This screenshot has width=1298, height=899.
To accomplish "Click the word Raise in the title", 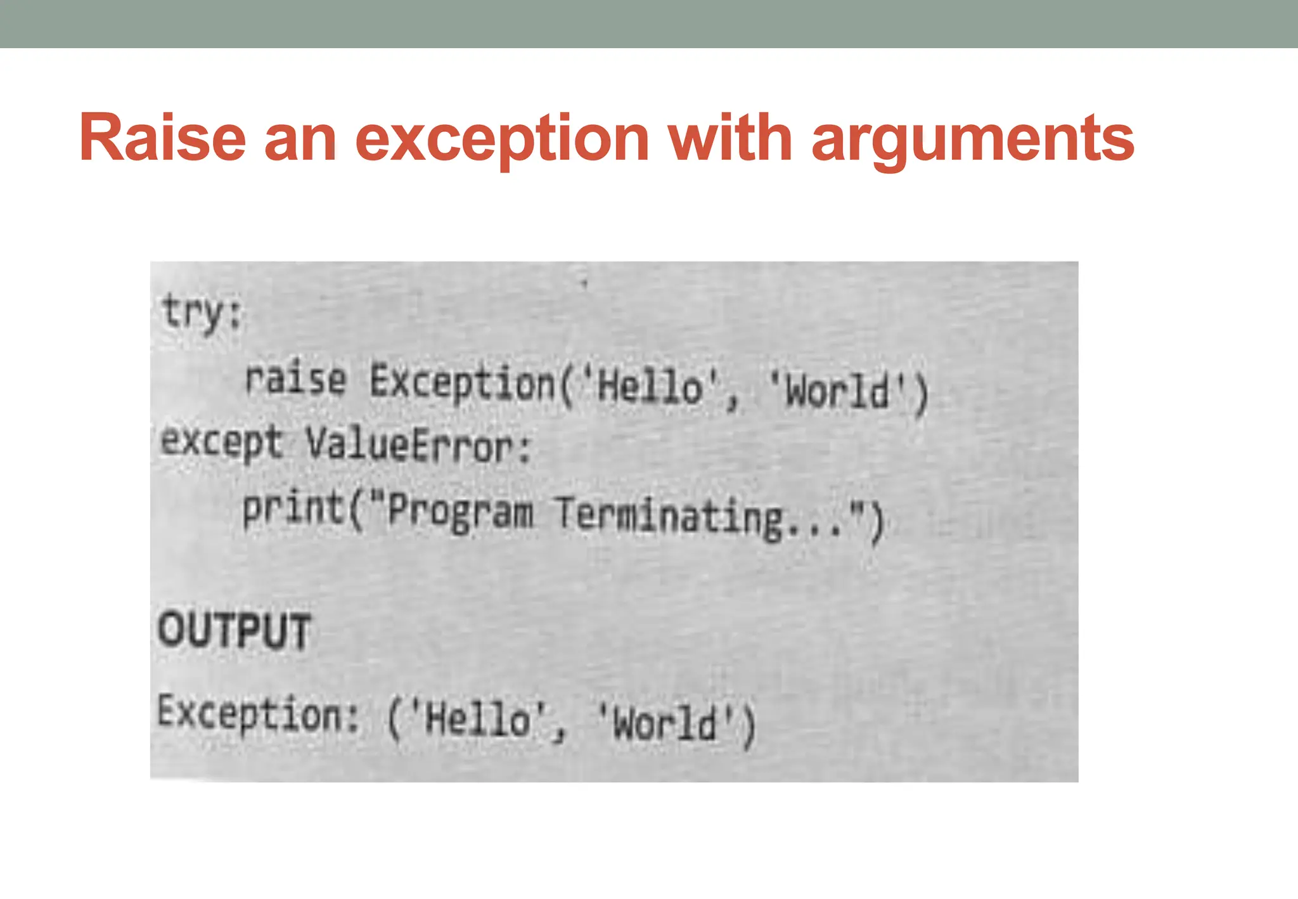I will coord(162,138).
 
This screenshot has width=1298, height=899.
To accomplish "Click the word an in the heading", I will coord(300,139).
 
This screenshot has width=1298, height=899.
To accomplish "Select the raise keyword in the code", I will coord(296,379).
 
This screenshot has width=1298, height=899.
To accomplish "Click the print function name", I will coord(293,508).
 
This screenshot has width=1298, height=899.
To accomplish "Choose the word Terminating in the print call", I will coord(669,517).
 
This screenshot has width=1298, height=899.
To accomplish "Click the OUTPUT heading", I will coord(235,631).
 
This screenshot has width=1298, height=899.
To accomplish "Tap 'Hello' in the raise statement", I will coord(650,386).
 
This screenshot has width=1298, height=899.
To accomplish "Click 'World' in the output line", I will coord(665,723).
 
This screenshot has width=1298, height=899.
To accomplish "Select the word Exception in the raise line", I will coord(462,382).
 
